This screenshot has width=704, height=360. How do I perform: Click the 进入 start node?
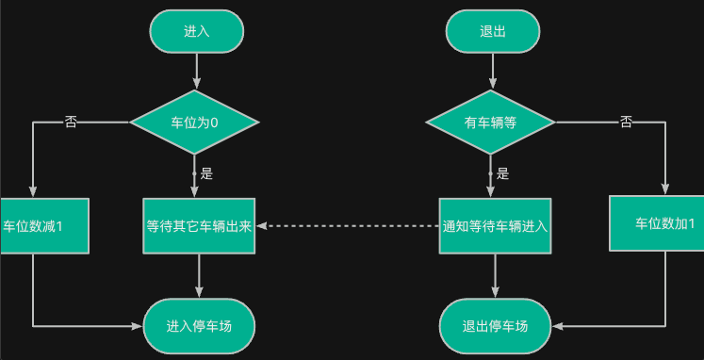tap(196, 30)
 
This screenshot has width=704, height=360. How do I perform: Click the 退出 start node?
tap(493, 30)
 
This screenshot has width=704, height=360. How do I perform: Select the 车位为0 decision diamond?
tap(194, 123)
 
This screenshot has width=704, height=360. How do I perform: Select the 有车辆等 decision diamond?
tap(491, 123)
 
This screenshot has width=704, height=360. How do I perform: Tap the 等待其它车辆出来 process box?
tap(199, 226)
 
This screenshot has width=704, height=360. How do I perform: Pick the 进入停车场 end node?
tap(199, 326)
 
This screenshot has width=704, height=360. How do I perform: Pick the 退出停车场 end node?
tap(495, 326)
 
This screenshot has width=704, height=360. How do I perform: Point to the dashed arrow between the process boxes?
tap(349, 226)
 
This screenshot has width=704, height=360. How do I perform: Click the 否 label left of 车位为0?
tap(71, 123)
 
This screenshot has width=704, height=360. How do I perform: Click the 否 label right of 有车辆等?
tap(626, 123)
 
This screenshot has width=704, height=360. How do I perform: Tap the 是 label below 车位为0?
tap(207, 173)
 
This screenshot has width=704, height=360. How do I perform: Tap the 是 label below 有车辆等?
tap(503, 173)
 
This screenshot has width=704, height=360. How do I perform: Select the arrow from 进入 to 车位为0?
tap(196, 72)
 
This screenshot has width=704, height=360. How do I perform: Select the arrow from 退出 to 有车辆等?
tap(493, 72)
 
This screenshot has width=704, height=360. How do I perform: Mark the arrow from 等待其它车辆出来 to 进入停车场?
tap(199, 275)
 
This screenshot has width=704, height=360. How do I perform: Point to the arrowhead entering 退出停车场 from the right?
tap(558, 326)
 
